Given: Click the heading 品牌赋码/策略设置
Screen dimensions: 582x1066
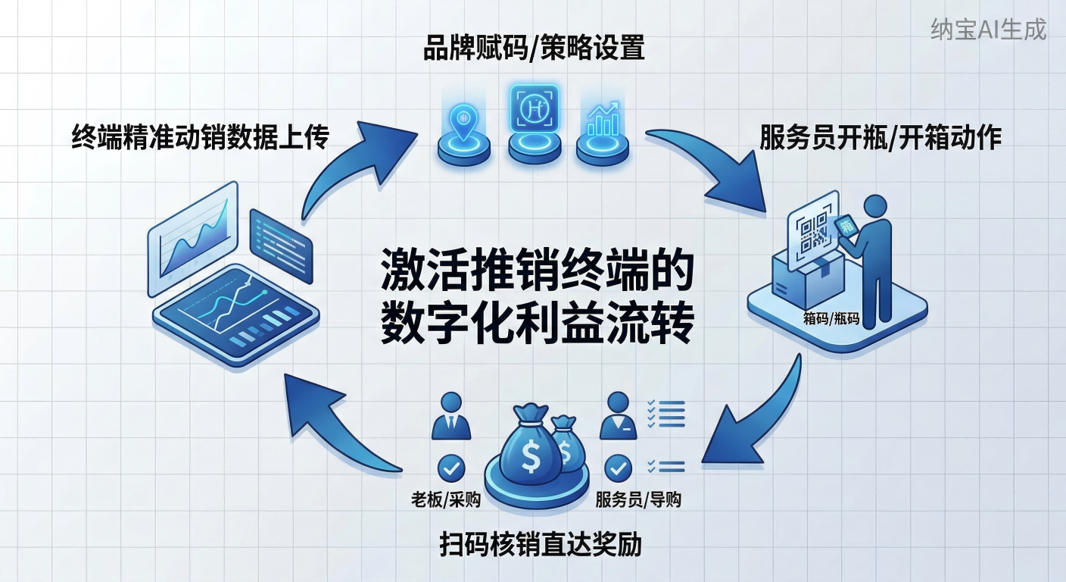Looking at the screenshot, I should point(534,48).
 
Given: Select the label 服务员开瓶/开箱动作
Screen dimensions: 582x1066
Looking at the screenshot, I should point(881,138).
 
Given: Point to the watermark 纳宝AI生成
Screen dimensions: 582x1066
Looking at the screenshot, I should point(988,30).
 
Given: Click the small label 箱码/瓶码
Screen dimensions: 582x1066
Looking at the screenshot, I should point(831,318).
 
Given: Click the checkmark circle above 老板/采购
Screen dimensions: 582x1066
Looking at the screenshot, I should point(452,468).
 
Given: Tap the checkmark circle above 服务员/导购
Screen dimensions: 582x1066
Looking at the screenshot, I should point(619,468).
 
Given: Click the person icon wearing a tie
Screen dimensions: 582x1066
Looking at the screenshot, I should point(451,417).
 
